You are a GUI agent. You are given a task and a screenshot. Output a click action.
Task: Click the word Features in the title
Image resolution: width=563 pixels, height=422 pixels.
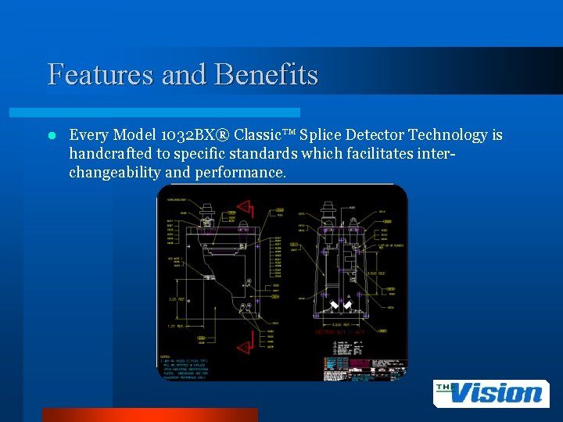(x=99, y=74)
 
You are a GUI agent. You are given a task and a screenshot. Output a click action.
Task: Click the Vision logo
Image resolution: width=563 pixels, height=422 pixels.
(x=489, y=392)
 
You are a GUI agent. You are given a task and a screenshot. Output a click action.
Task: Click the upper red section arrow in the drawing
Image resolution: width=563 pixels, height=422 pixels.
(x=246, y=208)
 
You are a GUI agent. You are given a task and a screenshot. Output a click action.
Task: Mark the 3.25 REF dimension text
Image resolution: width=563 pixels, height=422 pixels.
(x=178, y=299)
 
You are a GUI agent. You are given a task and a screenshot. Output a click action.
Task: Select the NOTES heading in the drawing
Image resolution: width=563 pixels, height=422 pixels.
(x=166, y=356)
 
